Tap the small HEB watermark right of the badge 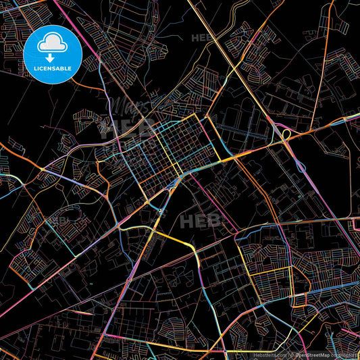pyautogui.click(x=203, y=38)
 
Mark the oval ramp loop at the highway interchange pyautogui.click(x=285, y=136)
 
